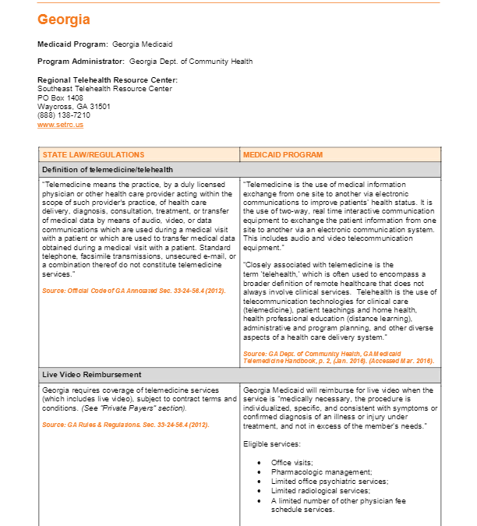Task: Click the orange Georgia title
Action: click(x=64, y=19)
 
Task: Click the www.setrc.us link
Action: click(x=60, y=125)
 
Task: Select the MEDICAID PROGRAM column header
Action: click(x=282, y=155)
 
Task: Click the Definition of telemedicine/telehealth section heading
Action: click(x=108, y=169)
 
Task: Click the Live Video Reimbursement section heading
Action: click(x=93, y=375)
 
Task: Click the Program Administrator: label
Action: click(x=80, y=62)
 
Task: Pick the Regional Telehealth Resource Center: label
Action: click(x=108, y=80)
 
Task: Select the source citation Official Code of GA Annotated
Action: click(x=124, y=291)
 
